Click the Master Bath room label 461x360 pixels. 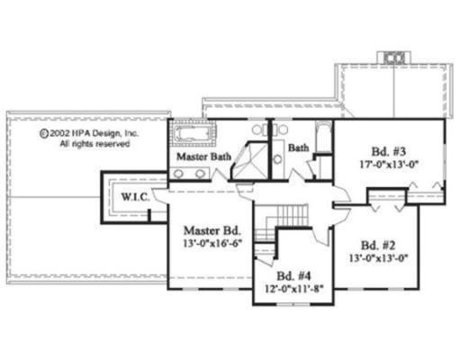click(x=203, y=157)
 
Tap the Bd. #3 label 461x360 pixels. click(x=389, y=151)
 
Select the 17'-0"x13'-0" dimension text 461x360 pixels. click(x=389, y=165)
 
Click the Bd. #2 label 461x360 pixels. click(x=378, y=246)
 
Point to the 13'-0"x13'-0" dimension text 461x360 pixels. click(x=379, y=258)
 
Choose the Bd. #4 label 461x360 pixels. click(x=294, y=275)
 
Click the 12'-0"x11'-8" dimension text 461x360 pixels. click(x=294, y=288)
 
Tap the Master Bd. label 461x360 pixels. click(x=212, y=230)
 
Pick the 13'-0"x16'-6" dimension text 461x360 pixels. click(x=212, y=243)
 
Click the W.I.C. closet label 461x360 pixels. click(x=135, y=197)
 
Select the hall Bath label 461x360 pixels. click(x=298, y=148)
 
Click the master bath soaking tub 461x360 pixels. click(x=192, y=133)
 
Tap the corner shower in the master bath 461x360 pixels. click(x=250, y=161)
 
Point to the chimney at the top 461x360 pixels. click(x=394, y=58)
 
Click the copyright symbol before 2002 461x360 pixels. click(x=44, y=133)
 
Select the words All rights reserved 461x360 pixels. click(x=95, y=144)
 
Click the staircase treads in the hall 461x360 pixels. click(x=289, y=215)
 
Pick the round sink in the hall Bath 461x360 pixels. click(x=278, y=159)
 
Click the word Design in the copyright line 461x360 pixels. click(x=106, y=133)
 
